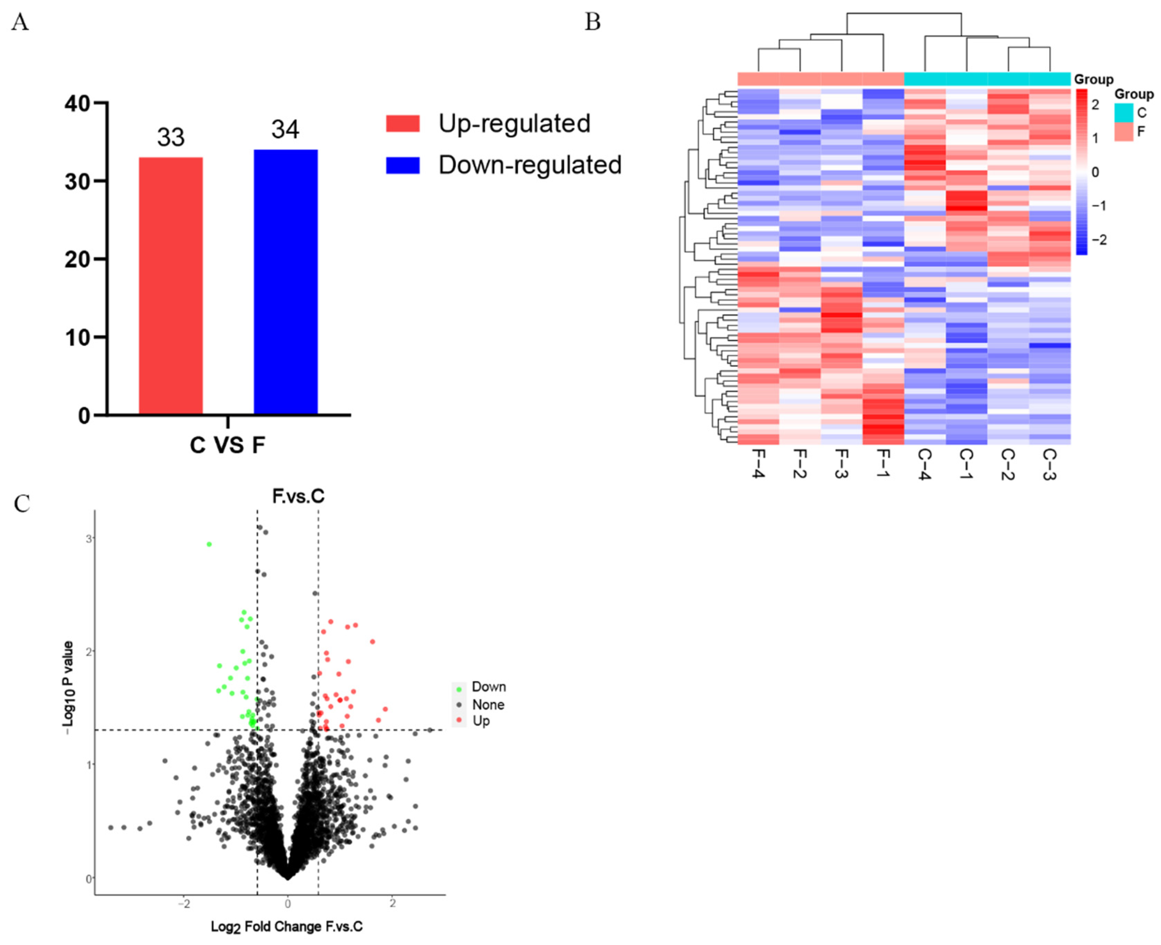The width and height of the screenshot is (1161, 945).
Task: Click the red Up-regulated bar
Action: [x=171, y=286]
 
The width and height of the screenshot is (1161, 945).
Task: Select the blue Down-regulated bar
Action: [x=286, y=282]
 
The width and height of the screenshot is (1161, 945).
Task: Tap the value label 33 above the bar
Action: [x=171, y=137]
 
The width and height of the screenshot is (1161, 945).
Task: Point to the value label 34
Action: [x=285, y=130]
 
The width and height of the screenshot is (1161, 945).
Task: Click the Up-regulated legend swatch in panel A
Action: [x=403, y=124]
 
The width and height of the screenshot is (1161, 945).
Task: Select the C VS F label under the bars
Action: [x=228, y=445]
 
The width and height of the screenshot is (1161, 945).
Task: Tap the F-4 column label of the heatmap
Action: [x=758, y=464]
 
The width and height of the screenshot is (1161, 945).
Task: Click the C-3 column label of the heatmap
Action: [x=1049, y=464]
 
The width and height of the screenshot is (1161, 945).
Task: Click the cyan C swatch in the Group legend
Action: [x=1123, y=113]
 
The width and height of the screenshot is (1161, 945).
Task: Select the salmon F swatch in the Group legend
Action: [x=1123, y=132]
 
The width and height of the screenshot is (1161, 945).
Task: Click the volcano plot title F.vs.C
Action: [x=298, y=496]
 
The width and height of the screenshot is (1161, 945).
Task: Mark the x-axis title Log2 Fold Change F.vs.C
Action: [x=287, y=926]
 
